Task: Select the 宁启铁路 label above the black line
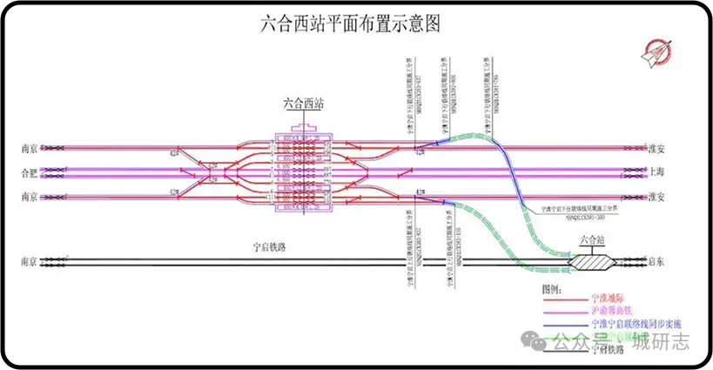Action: [266, 247]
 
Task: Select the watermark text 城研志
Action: [661, 341]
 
